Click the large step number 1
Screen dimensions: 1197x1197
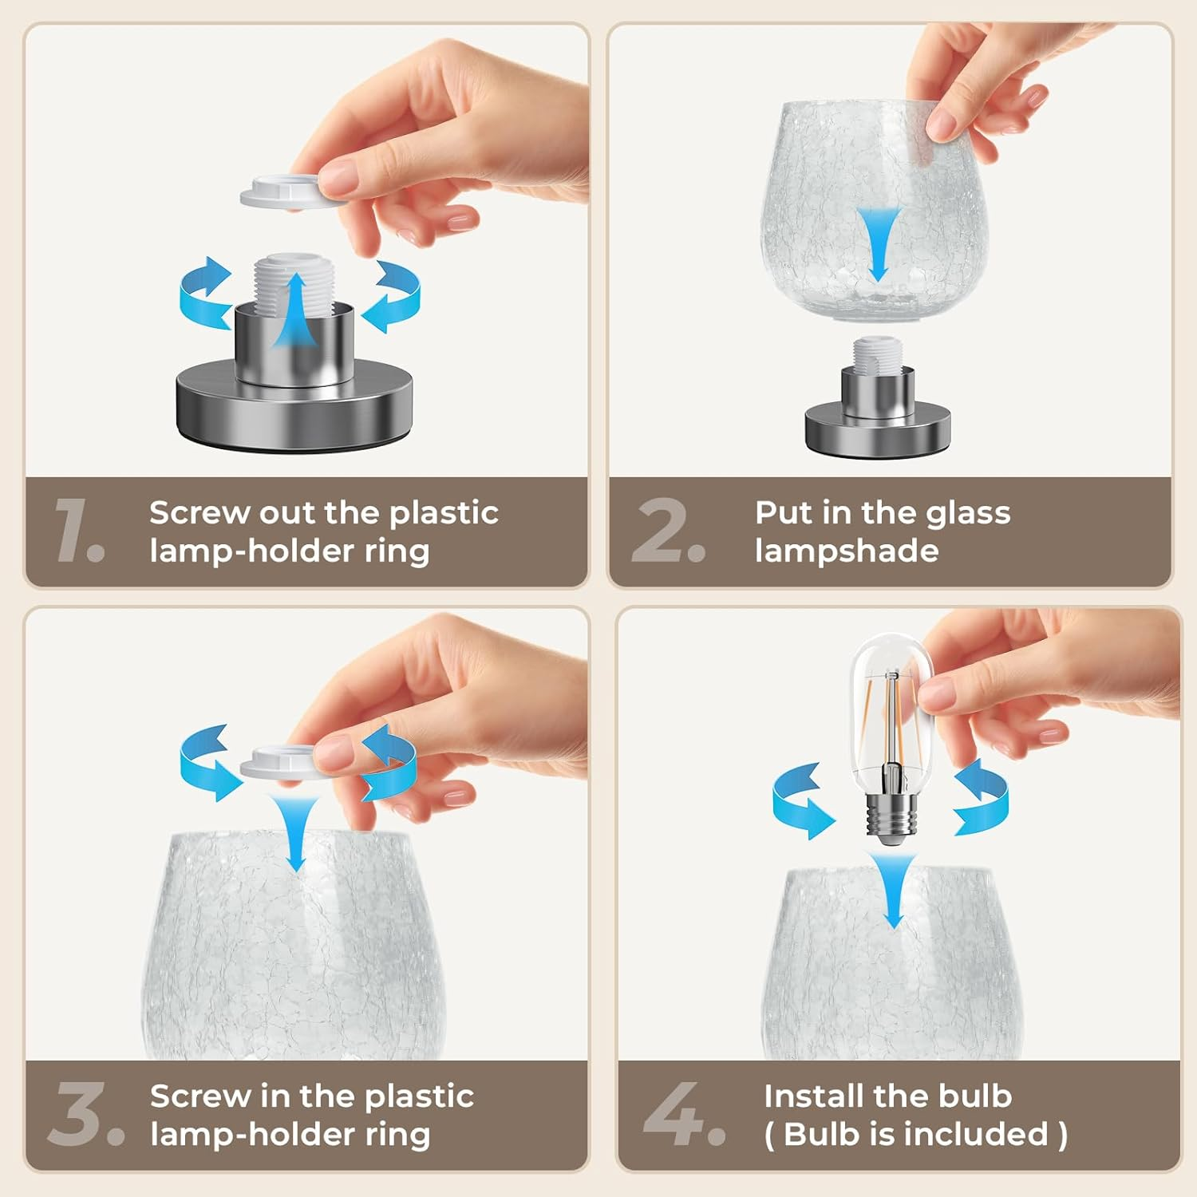(x=78, y=529)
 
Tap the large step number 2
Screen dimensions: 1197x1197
(x=668, y=529)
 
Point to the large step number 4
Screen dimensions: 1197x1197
(x=684, y=1113)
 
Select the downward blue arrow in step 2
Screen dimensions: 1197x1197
(x=878, y=243)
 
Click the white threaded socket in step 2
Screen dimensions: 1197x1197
(x=877, y=354)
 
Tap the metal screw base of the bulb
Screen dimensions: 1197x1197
(x=890, y=814)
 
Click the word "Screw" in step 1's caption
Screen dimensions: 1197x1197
(x=199, y=513)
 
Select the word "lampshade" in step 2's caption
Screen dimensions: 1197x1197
(x=847, y=551)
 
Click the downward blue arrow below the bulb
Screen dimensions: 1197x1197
(x=893, y=890)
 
